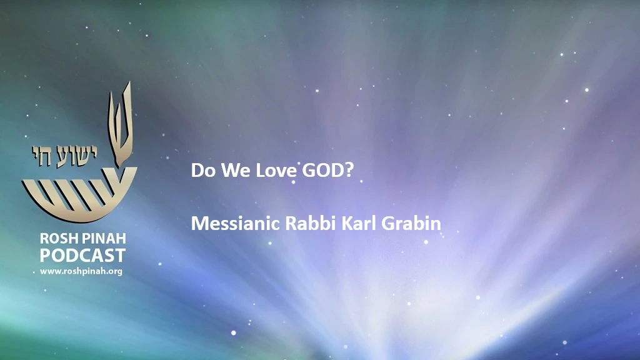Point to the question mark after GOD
click(x=349, y=171)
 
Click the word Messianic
click(x=235, y=223)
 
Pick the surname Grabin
click(x=411, y=223)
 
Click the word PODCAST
click(x=82, y=256)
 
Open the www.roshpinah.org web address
click(x=81, y=271)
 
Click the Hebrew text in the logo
click(x=64, y=156)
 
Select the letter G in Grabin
click(x=388, y=223)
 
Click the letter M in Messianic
click(x=200, y=223)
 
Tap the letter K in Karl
click(x=347, y=223)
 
